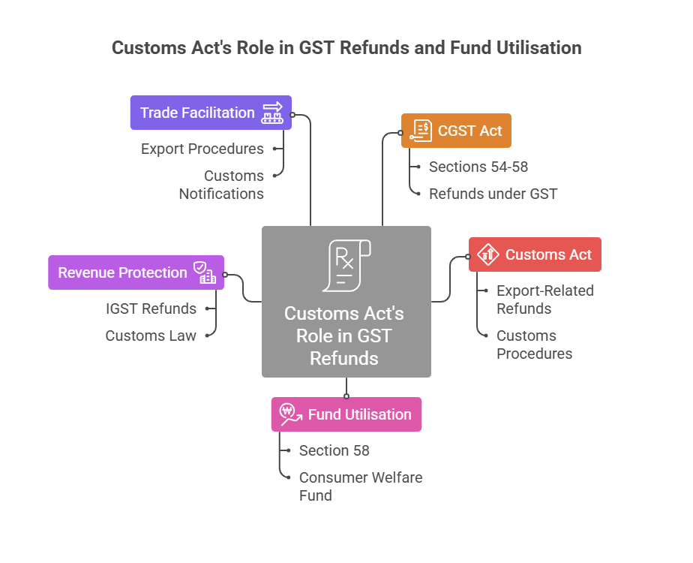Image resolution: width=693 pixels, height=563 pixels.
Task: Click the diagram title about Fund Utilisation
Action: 346,48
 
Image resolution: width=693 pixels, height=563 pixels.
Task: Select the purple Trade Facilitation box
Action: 211,113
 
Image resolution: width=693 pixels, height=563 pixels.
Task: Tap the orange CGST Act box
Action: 456,131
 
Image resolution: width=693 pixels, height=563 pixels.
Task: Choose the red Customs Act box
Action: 535,254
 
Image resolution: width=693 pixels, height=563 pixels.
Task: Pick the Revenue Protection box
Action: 136,272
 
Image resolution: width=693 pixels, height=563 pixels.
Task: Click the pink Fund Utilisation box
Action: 346,414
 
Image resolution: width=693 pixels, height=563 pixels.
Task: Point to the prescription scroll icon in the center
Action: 346,266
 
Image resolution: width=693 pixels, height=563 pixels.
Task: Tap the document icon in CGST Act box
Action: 422,131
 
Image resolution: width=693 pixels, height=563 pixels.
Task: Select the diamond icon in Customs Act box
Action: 488,254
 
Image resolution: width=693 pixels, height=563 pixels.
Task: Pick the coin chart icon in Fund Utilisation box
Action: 290,414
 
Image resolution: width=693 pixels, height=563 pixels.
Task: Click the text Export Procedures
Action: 202,149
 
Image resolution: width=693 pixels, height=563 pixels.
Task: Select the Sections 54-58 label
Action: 478,167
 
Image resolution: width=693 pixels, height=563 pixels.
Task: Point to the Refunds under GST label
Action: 493,194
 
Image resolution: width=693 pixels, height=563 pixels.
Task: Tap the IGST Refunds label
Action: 151,309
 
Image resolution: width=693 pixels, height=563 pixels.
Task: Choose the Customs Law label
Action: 151,336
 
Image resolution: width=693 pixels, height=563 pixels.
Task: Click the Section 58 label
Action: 334,450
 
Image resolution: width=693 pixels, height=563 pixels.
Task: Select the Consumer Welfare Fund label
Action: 361,486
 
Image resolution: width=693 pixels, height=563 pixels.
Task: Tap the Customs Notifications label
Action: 222,185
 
